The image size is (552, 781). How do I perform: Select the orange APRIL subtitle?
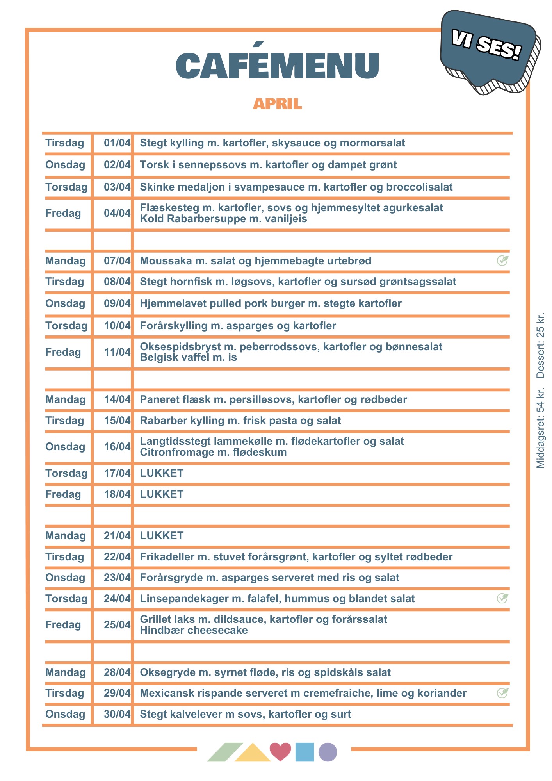(277, 104)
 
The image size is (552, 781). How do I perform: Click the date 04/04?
(117, 213)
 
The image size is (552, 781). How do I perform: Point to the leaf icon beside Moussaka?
(502, 260)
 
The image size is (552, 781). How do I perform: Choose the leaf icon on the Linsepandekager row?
(502, 598)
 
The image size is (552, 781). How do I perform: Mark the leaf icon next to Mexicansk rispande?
(502, 693)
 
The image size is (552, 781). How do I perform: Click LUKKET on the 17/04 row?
(162, 473)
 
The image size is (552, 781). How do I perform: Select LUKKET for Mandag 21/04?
(162, 536)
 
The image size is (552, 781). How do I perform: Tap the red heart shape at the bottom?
(280, 751)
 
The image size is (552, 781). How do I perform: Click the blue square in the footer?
(304, 752)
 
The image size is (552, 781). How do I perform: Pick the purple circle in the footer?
(328, 752)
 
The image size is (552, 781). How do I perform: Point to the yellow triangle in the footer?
(253, 754)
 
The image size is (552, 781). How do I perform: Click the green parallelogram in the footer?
(225, 752)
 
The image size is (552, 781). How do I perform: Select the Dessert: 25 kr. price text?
(540, 346)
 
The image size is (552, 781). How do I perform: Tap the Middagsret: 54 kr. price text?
(540, 428)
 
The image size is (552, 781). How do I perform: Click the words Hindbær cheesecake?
(194, 630)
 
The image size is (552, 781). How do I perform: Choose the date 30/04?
(117, 714)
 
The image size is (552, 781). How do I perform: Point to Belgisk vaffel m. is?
(188, 357)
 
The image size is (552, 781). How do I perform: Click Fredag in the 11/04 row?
(63, 352)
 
